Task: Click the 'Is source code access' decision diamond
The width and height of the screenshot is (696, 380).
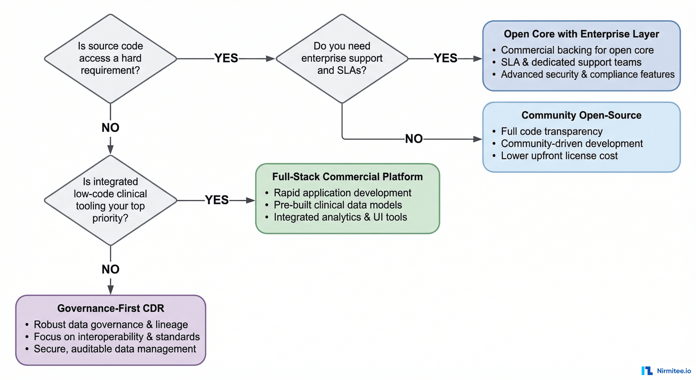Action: click(110, 58)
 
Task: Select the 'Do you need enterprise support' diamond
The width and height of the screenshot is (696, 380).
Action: click(342, 58)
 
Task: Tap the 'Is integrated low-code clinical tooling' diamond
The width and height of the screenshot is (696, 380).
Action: click(110, 200)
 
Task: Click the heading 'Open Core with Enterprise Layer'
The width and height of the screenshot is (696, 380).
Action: click(581, 34)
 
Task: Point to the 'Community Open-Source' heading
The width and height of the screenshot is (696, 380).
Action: click(581, 115)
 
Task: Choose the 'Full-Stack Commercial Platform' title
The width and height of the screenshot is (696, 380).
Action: click(347, 177)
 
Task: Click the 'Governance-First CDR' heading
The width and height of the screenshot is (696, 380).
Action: click(110, 308)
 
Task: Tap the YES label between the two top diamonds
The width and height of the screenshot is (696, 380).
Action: click(226, 58)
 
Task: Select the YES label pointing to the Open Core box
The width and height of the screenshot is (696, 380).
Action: click(445, 58)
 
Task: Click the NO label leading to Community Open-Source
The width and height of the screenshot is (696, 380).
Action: click(414, 139)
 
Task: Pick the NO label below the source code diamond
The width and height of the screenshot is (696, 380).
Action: click(110, 127)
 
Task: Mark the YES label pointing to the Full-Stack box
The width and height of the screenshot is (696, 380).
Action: click(217, 200)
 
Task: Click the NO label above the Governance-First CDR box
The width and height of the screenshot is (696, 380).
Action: click(110, 269)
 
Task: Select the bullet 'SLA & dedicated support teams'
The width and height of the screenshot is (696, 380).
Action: click(571, 62)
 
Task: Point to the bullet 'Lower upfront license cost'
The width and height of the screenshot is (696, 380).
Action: click(559, 156)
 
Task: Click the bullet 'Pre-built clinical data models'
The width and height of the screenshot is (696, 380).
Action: click(337, 205)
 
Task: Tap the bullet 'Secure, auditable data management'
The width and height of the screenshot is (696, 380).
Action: click(115, 349)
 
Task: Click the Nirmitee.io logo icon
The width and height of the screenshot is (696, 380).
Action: click(647, 371)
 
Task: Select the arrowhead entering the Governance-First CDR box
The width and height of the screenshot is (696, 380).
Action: click(110, 290)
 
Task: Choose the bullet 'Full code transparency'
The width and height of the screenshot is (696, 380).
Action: click(551, 131)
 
